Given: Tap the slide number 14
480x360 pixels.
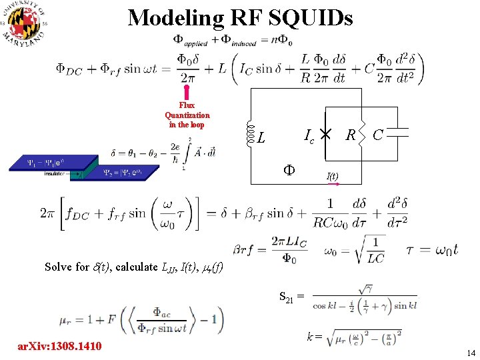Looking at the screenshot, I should [471, 352].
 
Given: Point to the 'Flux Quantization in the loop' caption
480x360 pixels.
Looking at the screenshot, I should [187, 115].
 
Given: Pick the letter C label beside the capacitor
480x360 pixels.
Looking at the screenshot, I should [378, 135].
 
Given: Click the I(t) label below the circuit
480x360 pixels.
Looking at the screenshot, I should [332, 176].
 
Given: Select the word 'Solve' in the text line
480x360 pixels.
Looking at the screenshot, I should [57, 267].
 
